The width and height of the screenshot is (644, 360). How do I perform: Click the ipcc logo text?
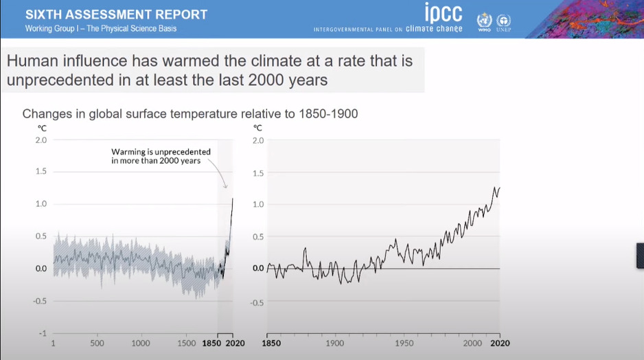443,13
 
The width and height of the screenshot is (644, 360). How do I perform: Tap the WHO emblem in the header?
484,22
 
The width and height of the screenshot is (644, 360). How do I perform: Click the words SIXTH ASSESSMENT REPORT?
116,14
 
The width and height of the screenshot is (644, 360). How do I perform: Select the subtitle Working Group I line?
101,28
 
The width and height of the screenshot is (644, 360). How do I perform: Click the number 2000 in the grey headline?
266,80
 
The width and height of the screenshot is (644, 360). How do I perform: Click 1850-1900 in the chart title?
328,114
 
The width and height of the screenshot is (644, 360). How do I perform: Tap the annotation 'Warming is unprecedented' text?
161,152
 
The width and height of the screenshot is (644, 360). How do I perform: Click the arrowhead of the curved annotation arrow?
225,187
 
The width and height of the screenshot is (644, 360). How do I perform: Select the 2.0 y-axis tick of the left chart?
41,140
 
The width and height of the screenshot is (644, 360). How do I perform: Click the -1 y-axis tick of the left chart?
43,333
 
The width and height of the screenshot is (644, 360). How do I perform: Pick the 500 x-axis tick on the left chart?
97,343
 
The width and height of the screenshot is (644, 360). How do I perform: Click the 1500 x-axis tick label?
187,343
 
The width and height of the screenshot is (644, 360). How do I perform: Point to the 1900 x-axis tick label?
335,343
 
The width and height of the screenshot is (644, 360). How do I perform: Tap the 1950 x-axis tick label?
404,343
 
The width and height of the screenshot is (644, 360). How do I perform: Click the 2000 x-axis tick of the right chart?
472,343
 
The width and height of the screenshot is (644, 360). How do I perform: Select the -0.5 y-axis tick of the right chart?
257,303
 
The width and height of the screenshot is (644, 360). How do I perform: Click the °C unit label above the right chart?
257,128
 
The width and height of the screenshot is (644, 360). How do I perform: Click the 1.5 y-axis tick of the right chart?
258,173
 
